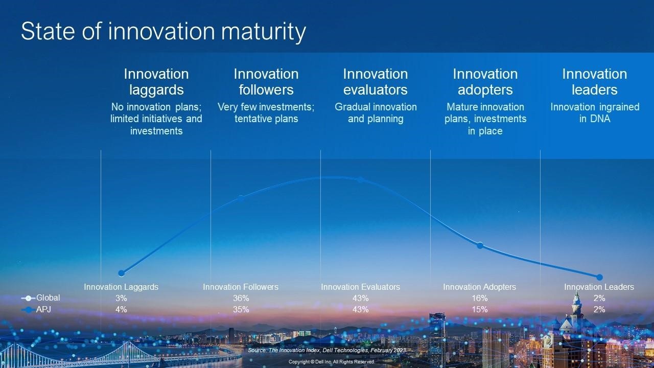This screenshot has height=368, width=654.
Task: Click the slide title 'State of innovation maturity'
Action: click(x=163, y=32)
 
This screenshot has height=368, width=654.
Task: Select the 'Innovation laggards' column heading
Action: click(x=156, y=82)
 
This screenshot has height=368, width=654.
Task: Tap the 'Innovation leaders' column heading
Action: click(x=595, y=82)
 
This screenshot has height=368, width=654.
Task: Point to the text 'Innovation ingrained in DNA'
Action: click(x=595, y=113)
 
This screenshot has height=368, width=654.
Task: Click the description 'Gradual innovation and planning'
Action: click(x=376, y=113)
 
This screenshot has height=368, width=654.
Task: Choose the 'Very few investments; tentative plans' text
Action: click(x=266, y=113)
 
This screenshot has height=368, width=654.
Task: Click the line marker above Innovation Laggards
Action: click(x=122, y=273)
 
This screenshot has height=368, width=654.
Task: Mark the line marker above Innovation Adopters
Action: click(x=480, y=245)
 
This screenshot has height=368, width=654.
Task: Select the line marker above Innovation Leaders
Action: click(x=599, y=277)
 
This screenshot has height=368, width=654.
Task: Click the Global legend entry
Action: click(x=40, y=298)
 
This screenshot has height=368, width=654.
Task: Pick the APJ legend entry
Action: click(x=36, y=309)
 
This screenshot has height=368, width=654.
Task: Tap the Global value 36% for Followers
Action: click(x=241, y=298)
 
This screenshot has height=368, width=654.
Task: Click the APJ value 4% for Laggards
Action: click(x=121, y=309)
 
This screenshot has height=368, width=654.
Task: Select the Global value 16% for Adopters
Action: click(x=480, y=298)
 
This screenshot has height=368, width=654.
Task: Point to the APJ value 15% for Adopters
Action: click(x=480, y=309)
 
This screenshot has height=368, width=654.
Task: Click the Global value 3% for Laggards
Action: click(x=121, y=298)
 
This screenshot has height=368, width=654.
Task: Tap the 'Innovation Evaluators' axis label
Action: click(x=361, y=287)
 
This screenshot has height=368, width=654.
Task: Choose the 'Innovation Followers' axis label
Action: click(x=241, y=287)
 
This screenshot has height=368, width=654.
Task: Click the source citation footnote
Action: click(x=327, y=350)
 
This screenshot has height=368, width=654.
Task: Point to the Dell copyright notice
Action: click(x=332, y=361)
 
